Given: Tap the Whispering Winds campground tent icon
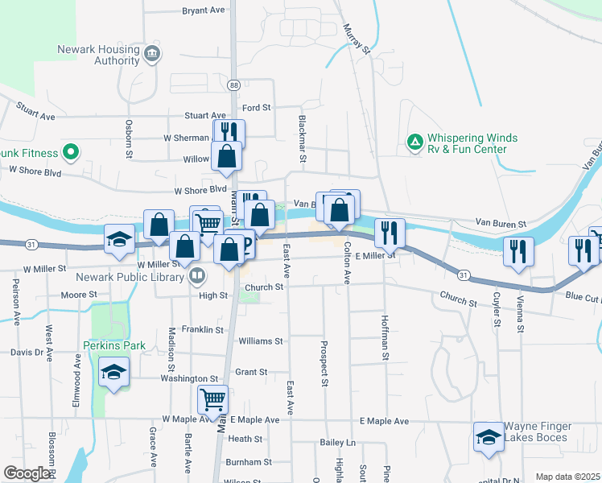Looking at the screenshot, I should pos(414,143).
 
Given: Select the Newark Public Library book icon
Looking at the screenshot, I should pos(196,277).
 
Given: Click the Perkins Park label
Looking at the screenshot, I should pos(114,345).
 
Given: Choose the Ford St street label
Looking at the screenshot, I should pos(257,107).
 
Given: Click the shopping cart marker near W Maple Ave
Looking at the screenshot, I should pos(213,398).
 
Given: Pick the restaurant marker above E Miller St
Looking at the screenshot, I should pos(390,233).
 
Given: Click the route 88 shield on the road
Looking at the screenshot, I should pos(233,85).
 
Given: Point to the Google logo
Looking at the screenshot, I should pos(27,473).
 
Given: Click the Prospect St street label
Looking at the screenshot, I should pos(324,368).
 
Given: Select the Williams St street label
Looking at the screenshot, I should pos(261,341).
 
